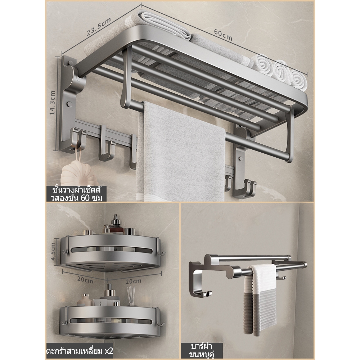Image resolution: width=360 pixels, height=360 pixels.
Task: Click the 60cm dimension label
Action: [223, 35]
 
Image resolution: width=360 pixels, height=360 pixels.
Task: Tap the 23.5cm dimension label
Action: [99, 27]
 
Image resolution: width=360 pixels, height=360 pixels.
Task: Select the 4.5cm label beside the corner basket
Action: [53, 251]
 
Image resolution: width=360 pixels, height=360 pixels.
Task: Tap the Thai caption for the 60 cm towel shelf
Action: [77, 194]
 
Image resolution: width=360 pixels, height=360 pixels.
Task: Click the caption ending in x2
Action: [80, 351]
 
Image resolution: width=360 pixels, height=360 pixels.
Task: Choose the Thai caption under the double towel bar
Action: [201, 350]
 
